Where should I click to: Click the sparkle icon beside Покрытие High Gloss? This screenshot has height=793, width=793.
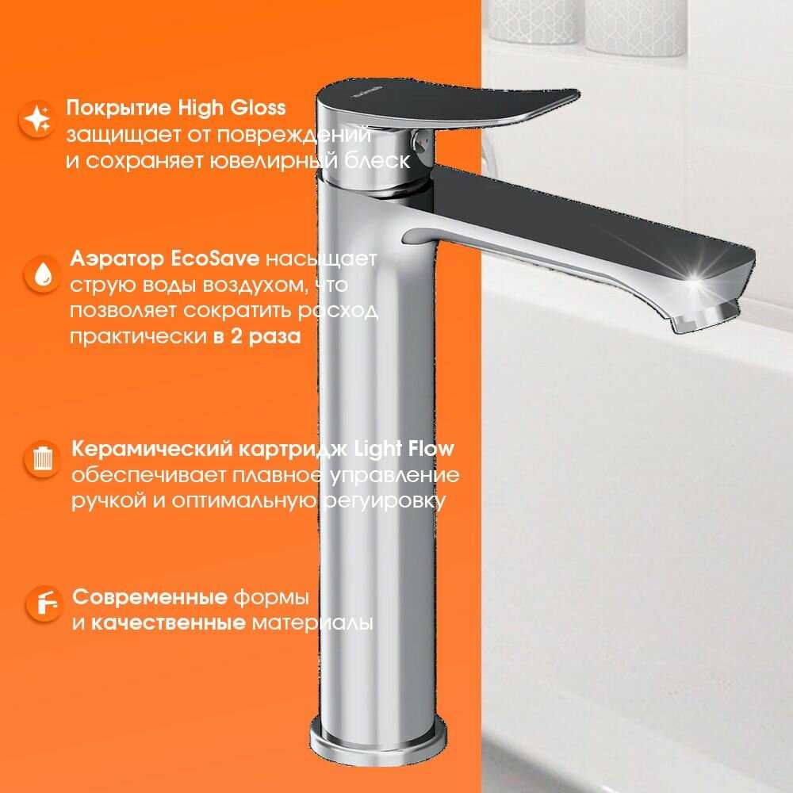pos(37,120)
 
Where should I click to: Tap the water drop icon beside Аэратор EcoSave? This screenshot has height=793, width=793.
pos(42,274)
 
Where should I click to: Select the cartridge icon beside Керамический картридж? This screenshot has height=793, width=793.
pos(42,459)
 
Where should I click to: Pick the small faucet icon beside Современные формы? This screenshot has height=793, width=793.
pos(44,603)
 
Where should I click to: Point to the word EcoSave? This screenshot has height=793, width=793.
pos(215,259)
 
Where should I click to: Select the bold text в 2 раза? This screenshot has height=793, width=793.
pos(257,336)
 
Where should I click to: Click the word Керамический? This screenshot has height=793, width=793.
pos(151,449)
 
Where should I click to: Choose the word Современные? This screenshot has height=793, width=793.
pos(150,597)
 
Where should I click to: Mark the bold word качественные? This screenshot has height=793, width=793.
pos(168,623)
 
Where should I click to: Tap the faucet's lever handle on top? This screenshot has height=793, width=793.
pos(445,106)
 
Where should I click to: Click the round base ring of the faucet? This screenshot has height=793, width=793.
pos(378,742)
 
